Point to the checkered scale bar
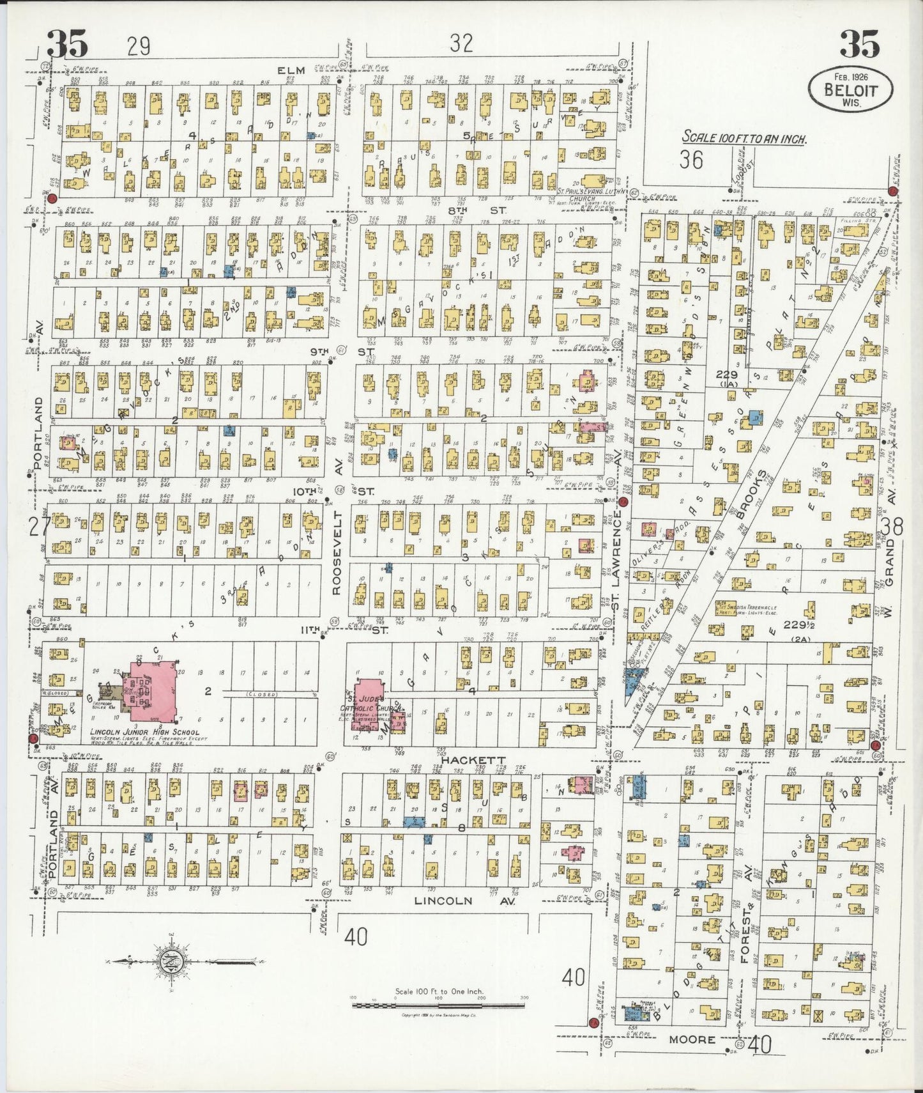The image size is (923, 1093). pyautogui.click(x=438, y=1005)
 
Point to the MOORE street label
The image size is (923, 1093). pyautogui.click(x=692, y=1040)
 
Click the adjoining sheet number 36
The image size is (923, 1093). pyautogui.click(x=691, y=159)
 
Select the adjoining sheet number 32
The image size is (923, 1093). pyautogui.click(x=461, y=43)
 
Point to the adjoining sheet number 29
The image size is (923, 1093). pyautogui.click(x=138, y=46)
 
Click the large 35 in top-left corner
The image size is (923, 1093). pyautogui.click(x=67, y=45)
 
